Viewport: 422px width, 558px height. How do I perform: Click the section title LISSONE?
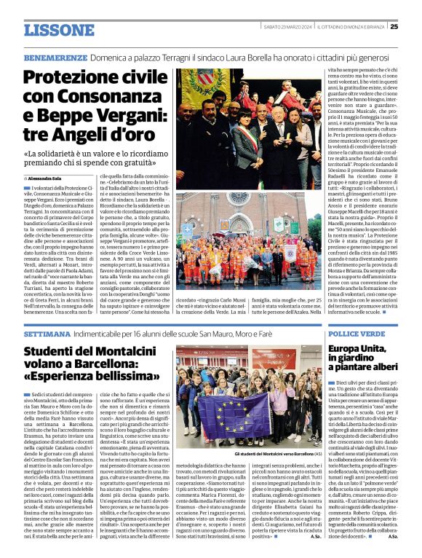coord(60,30)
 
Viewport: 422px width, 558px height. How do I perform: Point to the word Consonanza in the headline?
coord(108,96)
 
